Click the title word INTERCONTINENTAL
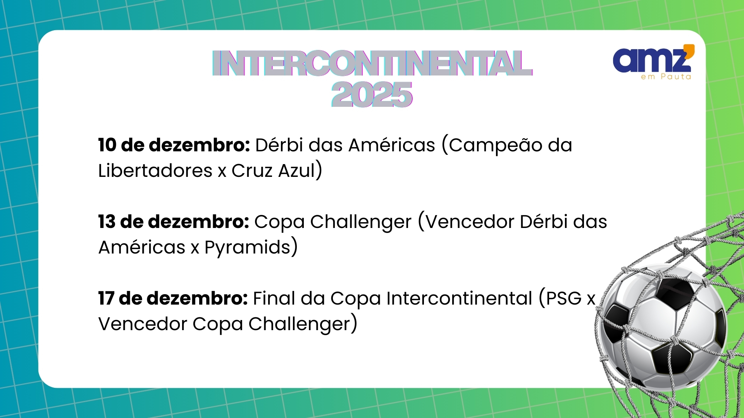(x=372, y=63)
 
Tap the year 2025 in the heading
(x=372, y=94)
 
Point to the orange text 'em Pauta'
(x=666, y=77)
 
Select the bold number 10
(x=107, y=145)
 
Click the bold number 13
(x=107, y=222)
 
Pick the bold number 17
(x=106, y=298)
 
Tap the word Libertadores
(x=155, y=171)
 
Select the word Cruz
(x=252, y=171)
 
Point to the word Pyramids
(x=248, y=248)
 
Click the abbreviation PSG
(x=564, y=298)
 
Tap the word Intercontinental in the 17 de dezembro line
(x=459, y=298)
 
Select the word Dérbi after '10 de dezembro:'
(x=279, y=145)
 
